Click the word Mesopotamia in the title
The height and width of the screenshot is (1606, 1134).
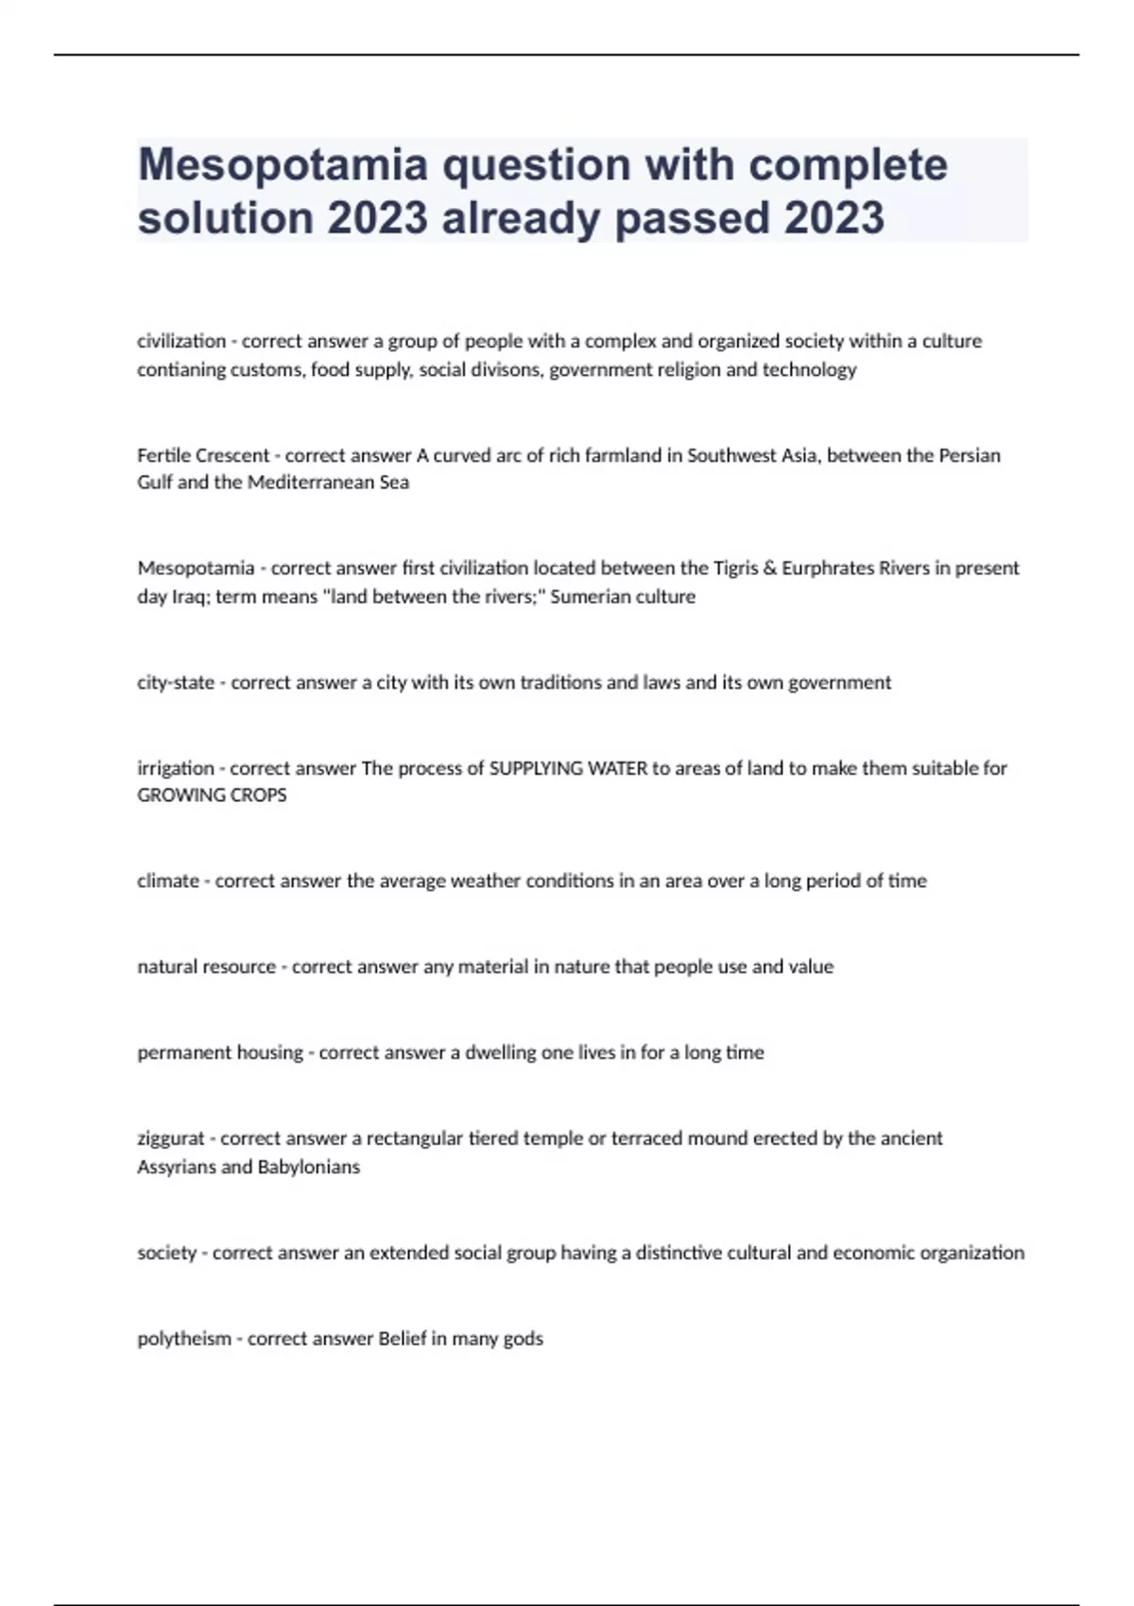(x=284, y=166)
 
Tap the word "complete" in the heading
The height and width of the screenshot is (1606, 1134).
(x=848, y=166)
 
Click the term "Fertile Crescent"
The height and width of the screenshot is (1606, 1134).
(x=203, y=455)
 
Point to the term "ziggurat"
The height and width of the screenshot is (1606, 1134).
(x=171, y=1138)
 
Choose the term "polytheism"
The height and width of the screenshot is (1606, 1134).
(x=184, y=1339)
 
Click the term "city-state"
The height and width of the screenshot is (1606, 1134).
(x=176, y=682)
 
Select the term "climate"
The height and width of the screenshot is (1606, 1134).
(x=168, y=880)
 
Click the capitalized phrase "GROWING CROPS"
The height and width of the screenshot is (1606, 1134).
(x=212, y=795)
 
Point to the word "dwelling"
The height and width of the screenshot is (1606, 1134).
(x=501, y=1052)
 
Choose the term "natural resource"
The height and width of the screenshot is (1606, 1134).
(x=206, y=966)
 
